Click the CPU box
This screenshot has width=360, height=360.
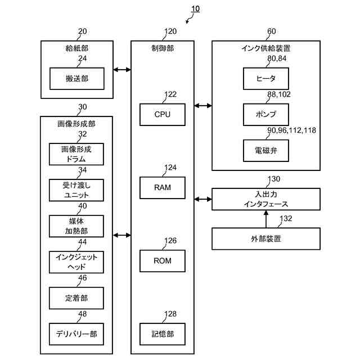pos(163,114)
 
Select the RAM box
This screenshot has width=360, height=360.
pos(163,187)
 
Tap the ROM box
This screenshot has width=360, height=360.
pos(163,261)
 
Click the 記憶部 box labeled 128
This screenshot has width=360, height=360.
pos(163,334)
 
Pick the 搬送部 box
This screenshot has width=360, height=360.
pos(77,79)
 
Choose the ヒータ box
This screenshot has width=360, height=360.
pos(266,79)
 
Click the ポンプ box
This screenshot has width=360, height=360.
pos(266,114)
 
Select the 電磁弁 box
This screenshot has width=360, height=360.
pos(266,150)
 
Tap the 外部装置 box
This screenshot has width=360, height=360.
pos(266,238)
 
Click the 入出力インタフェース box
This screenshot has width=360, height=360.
pos(266,199)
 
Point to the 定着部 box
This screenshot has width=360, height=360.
pos(76,298)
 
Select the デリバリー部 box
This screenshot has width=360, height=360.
pos(76,334)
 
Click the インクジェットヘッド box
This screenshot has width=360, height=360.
pos(76,262)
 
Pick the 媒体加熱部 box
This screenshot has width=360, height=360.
pos(76,226)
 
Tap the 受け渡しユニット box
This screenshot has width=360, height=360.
pos(76,190)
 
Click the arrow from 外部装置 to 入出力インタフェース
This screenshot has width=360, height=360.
pos(266,219)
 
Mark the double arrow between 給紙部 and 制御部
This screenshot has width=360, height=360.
pos(122,70)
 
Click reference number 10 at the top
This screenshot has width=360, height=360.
pos(195,9)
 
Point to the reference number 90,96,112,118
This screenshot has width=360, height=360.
pos(291,130)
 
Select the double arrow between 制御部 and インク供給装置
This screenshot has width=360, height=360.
pos(203,106)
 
